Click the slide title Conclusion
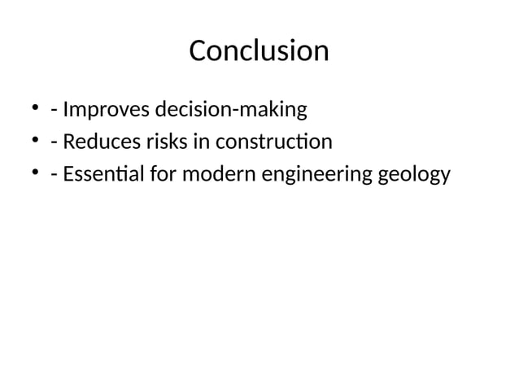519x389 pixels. pos(259,51)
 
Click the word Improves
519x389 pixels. pos(100,108)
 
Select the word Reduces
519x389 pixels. pos(97,142)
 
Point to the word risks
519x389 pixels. pos(156,142)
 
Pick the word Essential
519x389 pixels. pos(100,176)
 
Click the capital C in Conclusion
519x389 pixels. pos(198,51)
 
